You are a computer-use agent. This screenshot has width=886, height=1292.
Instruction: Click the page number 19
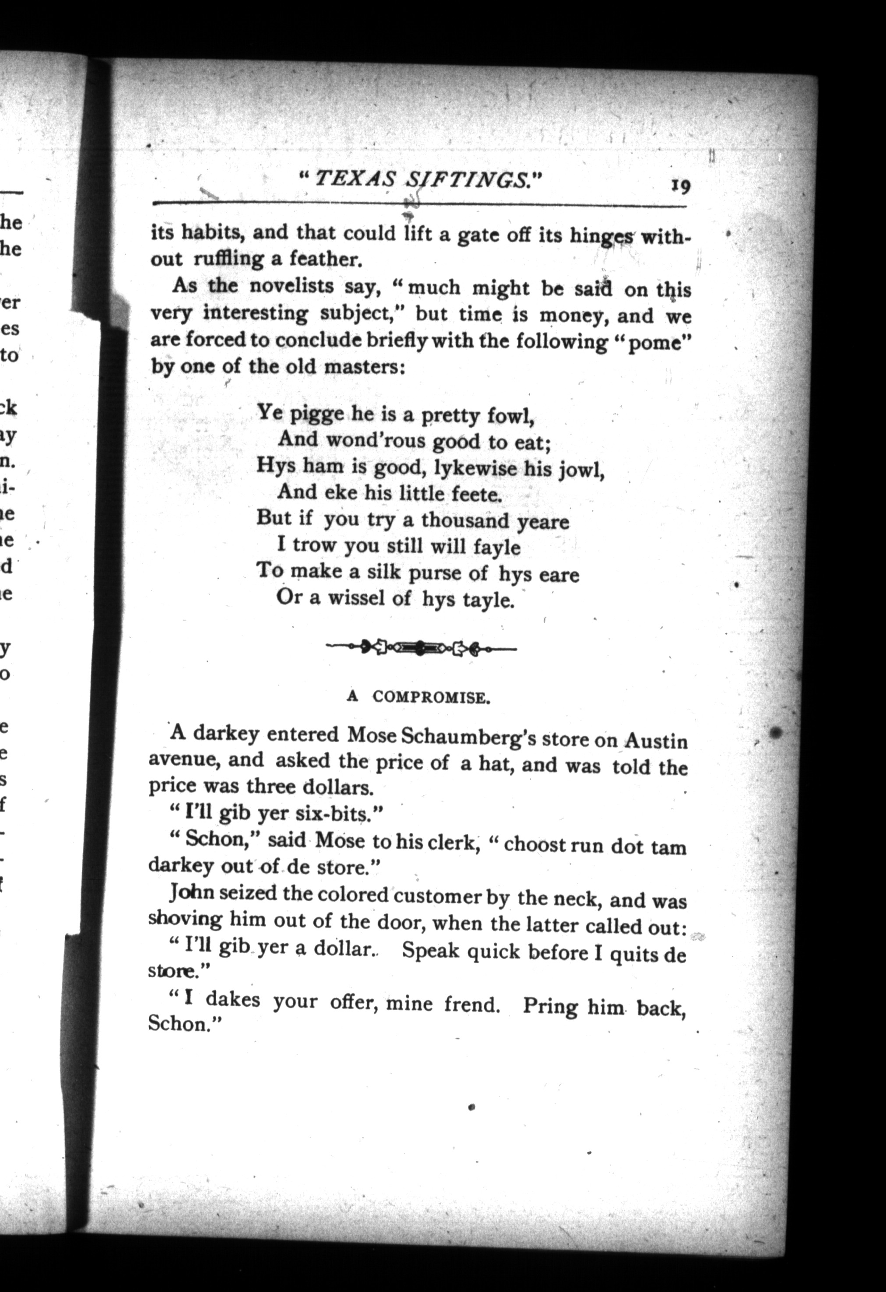680,185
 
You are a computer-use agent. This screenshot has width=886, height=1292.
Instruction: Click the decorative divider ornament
421,646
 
